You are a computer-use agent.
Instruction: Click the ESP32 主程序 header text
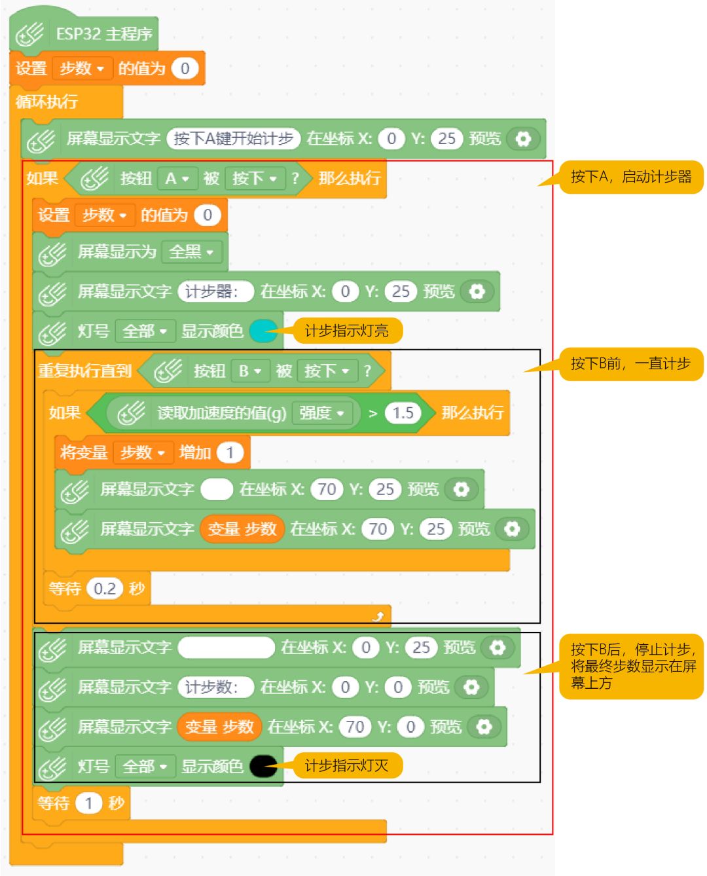click(103, 34)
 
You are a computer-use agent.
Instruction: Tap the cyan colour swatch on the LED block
click(263, 331)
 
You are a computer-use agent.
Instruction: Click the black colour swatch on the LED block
click(263, 766)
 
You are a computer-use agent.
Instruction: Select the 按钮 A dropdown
click(177, 178)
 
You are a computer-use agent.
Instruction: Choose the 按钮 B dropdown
click(249, 371)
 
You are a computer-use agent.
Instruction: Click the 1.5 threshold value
click(403, 413)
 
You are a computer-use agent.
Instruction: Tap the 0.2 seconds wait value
click(104, 589)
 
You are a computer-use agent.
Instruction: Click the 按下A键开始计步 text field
click(233, 139)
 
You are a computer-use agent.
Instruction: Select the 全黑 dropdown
click(191, 251)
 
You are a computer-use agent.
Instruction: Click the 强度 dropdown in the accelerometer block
click(321, 413)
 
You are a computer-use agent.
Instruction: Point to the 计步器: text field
click(215, 291)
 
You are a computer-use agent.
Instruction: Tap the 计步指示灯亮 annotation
click(346, 331)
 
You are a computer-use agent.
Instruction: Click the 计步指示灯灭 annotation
click(346, 765)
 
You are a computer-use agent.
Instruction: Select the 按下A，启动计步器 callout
click(630, 177)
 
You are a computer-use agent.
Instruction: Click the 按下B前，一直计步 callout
click(630, 364)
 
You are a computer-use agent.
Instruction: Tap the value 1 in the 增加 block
click(230, 452)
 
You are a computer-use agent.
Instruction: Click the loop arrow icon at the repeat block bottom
click(378, 615)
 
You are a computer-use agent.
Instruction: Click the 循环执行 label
click(46, 101)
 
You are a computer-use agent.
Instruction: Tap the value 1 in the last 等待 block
click(88, 803)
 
